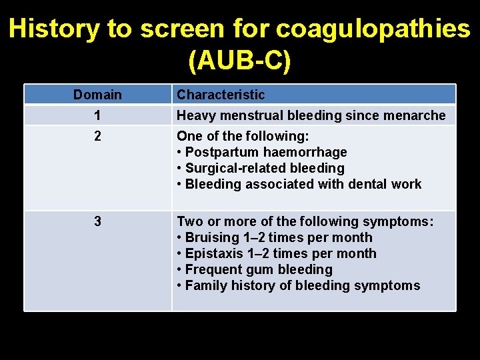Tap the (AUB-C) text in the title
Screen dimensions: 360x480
[x=240, y=61]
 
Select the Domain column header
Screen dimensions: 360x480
[x=97, y=95]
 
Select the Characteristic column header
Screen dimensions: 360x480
[x=221, y=95]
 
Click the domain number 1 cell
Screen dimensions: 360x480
[x=97, y=115]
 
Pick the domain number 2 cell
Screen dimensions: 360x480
[x=97, y=136]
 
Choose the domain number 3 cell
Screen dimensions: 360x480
[x=97, y=221]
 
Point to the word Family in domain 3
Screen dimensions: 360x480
[x=205, y=285]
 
